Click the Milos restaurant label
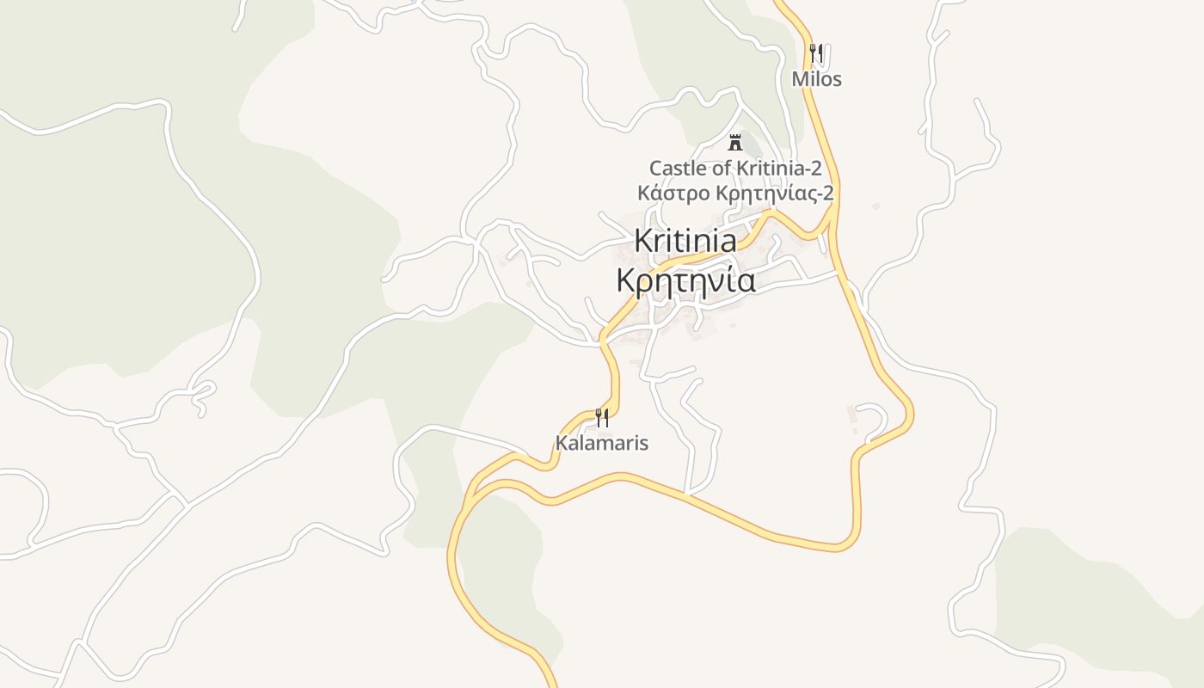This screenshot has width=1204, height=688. [816, 79]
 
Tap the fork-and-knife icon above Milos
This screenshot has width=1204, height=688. [816, 52]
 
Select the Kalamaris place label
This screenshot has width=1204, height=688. [601, 444]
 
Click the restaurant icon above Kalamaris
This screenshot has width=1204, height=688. [602, 417]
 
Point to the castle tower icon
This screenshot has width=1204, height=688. [734, 142]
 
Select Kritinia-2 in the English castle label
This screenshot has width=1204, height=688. [779, 168]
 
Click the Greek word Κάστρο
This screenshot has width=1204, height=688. [674, 193]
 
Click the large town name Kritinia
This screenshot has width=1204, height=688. [685, 241]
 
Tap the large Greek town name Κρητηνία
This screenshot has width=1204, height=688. [686, 280]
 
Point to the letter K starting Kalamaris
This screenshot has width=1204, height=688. [561, 444]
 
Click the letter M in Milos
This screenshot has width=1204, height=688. [799, 79]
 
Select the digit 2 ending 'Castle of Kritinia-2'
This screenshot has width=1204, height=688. [816, 168]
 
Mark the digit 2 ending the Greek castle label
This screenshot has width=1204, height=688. [828, 193]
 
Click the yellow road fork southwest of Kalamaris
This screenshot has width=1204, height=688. [471, 494]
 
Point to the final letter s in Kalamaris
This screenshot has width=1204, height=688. [643, 444]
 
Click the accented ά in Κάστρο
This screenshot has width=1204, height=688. [654, 193]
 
